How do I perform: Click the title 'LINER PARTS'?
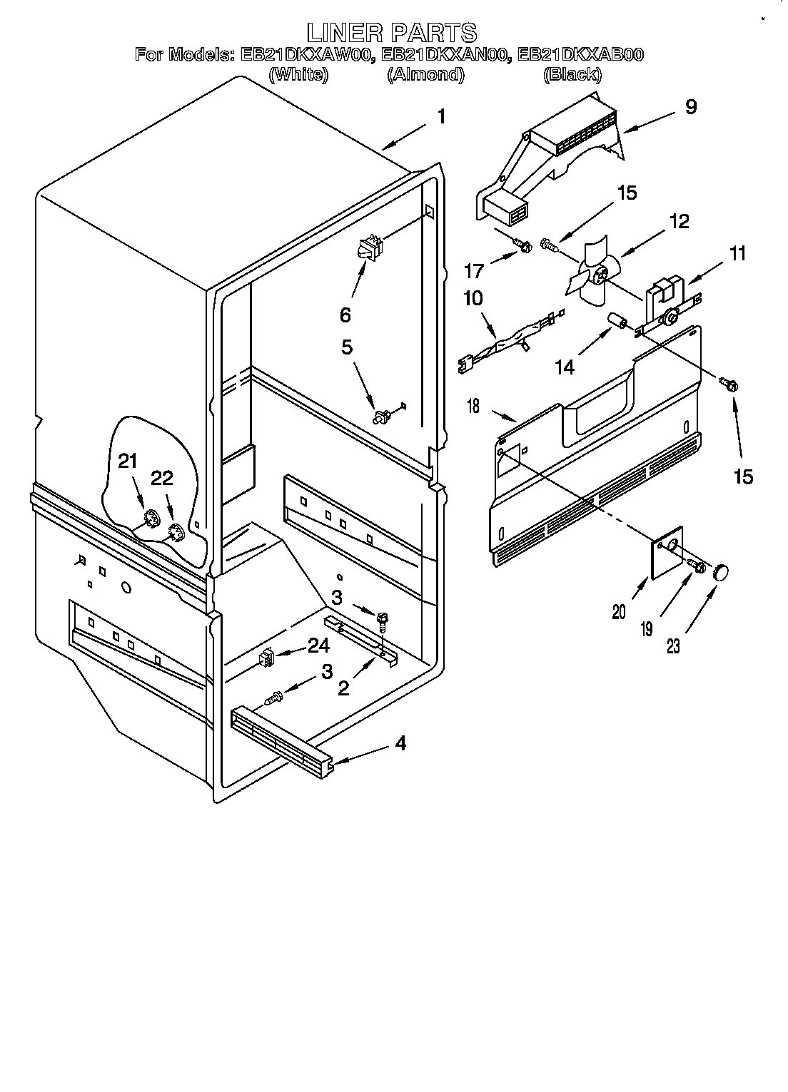coord(392,32)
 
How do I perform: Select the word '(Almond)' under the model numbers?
coord(425,74)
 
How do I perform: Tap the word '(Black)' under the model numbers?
coord(571,74)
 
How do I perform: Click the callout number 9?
coord(690,107)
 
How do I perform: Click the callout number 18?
coord(473,407)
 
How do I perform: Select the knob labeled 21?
coord(151,519)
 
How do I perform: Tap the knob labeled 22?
coord(176,531)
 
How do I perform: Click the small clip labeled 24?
coord(267,658)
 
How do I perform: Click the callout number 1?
coord(442,116)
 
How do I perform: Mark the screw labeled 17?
coord(523,247)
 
